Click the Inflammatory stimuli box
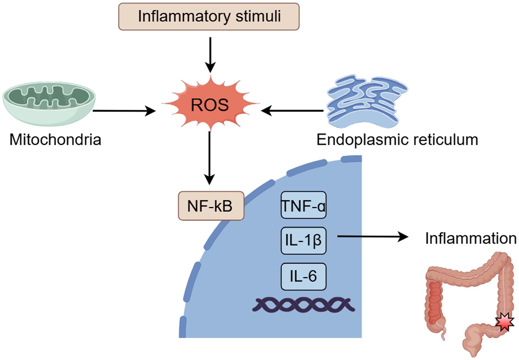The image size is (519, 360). pos(209,16)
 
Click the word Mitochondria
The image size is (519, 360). pos(55,140)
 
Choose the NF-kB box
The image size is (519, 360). pos(211,206)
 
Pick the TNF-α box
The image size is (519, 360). pos(303,205)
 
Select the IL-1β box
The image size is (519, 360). pos(303,241)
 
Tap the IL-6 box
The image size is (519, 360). pos(303,276)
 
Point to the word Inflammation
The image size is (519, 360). pos(471,238)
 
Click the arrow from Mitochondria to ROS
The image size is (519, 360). pos(124,111)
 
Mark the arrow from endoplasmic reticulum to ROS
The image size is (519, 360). pos(292,111)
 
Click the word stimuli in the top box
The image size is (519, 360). pos(258,16)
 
